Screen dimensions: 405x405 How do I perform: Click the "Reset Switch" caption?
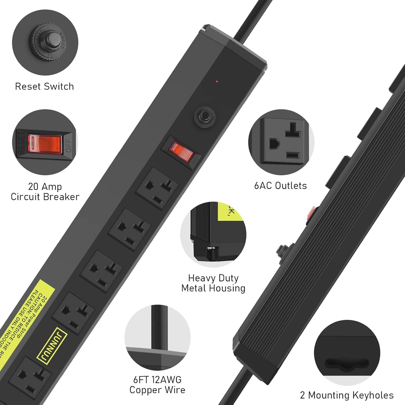click(44, 86)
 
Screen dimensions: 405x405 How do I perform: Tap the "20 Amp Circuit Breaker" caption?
click(45, 192)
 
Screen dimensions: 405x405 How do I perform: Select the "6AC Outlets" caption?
click(281, 186)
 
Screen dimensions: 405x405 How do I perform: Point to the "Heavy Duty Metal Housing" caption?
click(213, 283)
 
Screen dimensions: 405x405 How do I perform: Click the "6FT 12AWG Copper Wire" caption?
click(157, 385)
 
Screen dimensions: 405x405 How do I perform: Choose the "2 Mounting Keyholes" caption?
click(347, 395)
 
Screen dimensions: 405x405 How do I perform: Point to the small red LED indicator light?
click(217, 82)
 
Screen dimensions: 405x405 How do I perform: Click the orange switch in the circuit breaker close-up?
click(45, 144)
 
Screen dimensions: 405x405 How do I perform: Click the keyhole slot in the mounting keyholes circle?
click(347, 364)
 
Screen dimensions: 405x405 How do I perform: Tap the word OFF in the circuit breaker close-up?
click(69, 146)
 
